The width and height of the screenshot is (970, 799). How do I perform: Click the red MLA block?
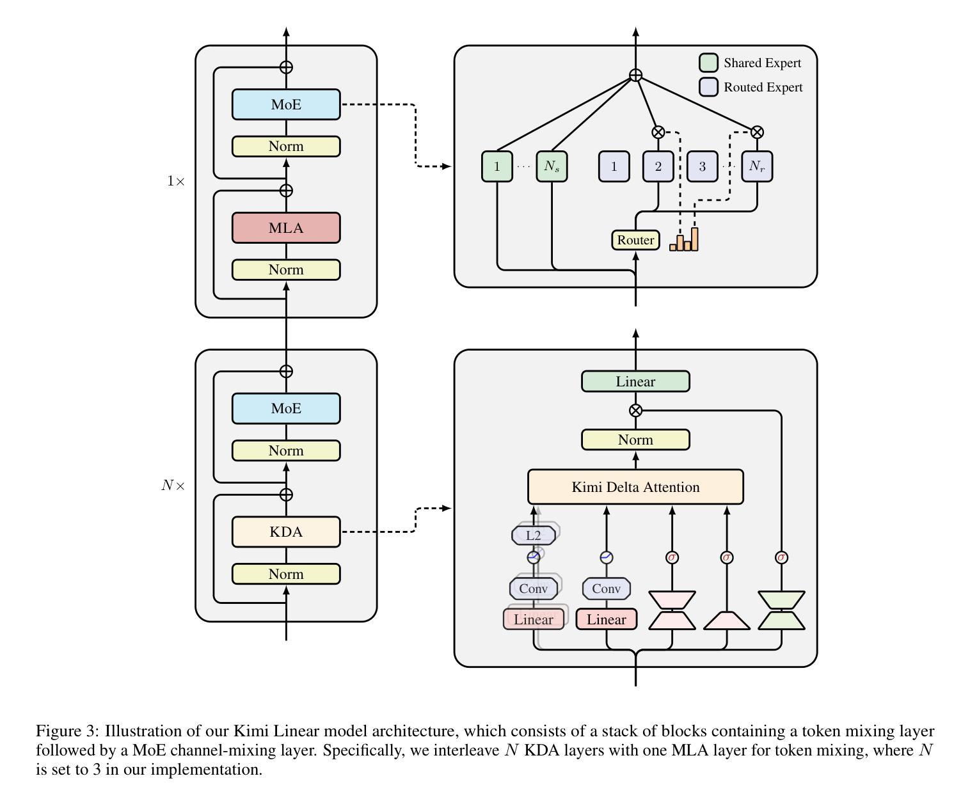tap(286, 228)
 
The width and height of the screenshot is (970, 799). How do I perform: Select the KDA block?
tap(286, 532)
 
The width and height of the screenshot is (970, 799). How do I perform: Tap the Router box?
tap(635, 240)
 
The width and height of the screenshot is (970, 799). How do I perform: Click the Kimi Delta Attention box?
tap(635, 487)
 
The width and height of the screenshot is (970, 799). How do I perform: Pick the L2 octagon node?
tap(534, 535)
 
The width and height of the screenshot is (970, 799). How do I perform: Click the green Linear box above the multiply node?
tap(635, 381)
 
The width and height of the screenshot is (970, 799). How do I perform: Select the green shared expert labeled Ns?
tap(552, 166)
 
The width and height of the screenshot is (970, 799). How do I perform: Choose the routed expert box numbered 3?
tap(702, 166)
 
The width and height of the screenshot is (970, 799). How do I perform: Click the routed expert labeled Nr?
tap(757, 166)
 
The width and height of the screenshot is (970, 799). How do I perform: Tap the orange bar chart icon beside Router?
tap(684, 239)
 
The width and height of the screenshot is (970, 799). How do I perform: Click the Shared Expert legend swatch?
tap(708, 63)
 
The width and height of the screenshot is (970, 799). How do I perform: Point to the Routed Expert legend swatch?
tap(708, 87)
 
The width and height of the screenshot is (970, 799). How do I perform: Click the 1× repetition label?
tap(175, 180)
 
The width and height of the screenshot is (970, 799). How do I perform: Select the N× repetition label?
tap(173, 485)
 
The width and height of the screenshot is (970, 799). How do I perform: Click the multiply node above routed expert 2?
tap(658, 132)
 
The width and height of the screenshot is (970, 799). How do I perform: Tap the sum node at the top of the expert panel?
tap(635, 75)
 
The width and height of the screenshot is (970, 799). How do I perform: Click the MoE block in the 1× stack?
tap(286, 104)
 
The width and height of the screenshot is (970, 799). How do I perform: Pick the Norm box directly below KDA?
tap(286, 574)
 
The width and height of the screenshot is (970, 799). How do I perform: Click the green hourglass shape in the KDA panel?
tap(781, 610)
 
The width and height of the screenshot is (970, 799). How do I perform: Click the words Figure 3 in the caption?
tap(67, 731)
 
